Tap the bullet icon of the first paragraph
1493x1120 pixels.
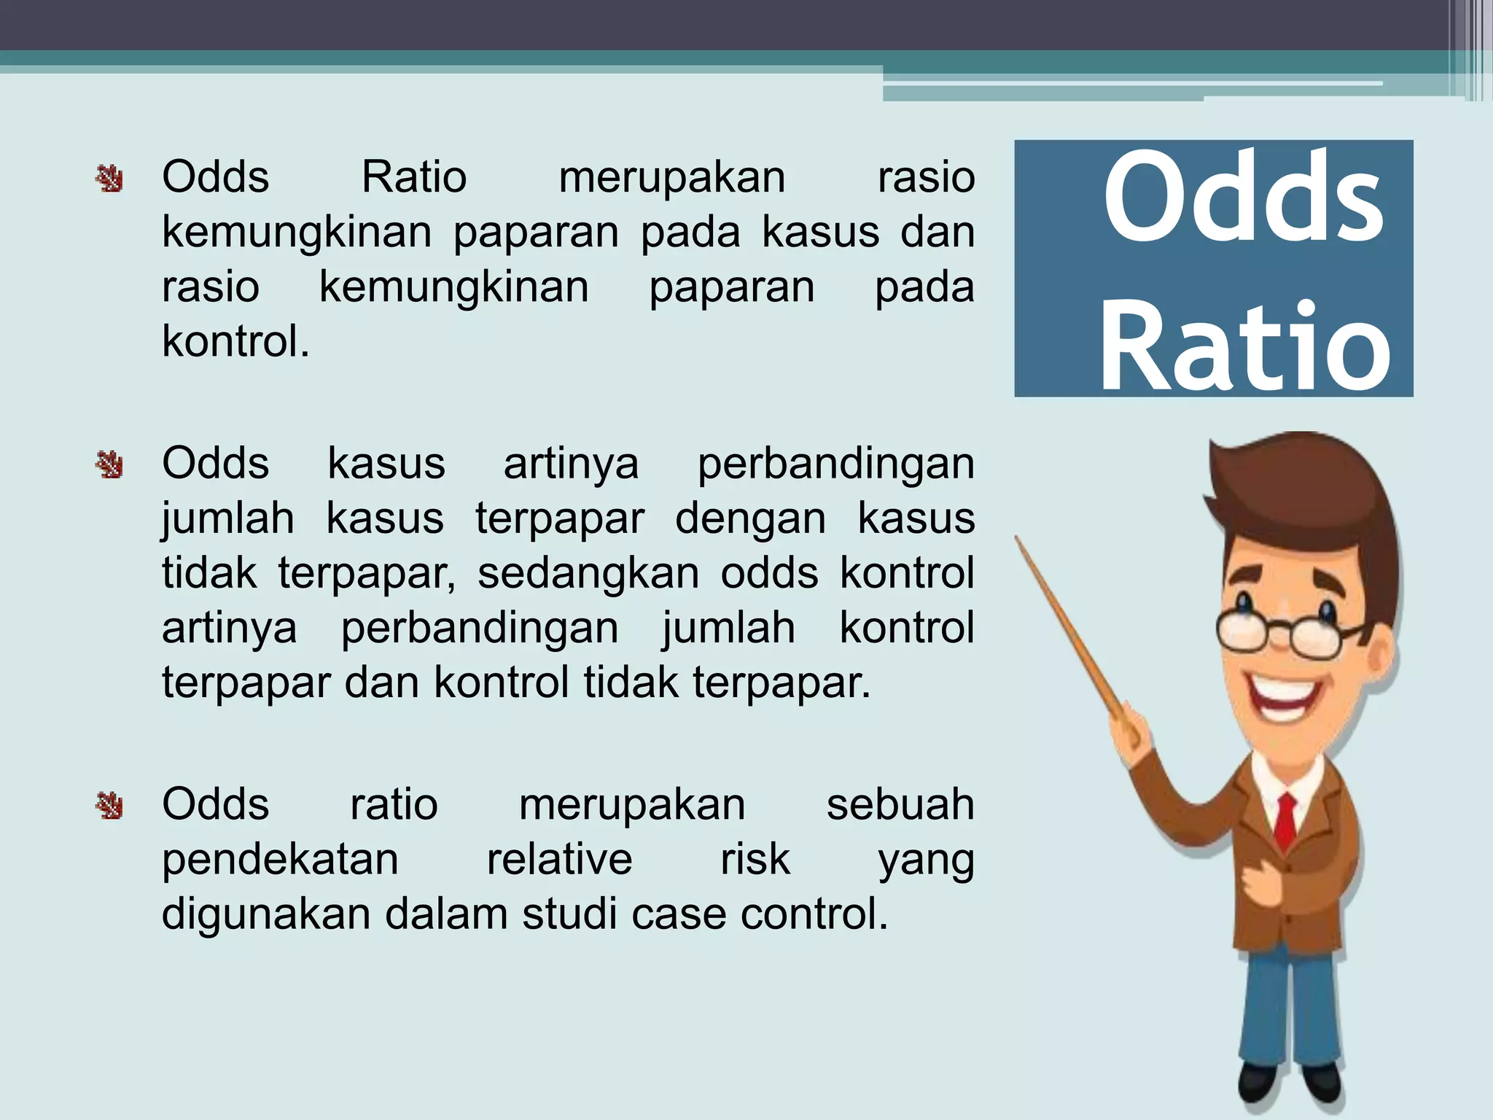(109, 179)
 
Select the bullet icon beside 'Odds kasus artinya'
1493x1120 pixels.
(109, 464)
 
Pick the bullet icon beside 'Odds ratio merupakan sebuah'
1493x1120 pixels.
(109, 805)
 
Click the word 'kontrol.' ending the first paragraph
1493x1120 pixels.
(235, 341)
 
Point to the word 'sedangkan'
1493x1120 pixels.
(588, 573)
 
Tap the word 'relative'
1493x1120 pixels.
(559, 859)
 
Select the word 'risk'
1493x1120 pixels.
(755, 859)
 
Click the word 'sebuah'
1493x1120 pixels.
(900, 805)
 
